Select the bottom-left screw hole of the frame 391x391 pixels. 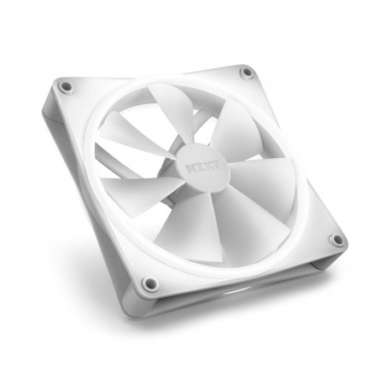point(149,282)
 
